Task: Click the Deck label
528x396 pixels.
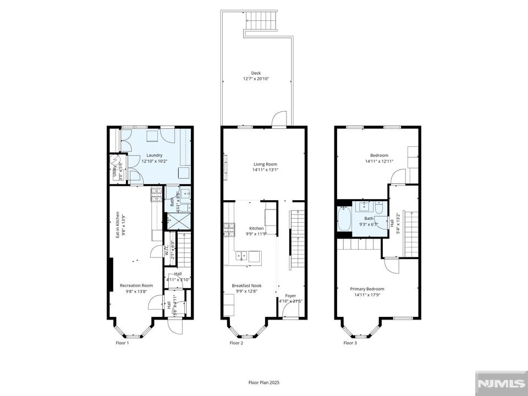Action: click(256, 76)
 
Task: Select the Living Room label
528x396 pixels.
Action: click(265, 167)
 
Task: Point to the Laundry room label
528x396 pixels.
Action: click(154, 158)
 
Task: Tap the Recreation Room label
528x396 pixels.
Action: click(136, 288)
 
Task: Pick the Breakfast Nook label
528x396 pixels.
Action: click(246, 288)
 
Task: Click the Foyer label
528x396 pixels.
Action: click(290, 298)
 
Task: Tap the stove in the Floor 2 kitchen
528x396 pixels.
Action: click(229, 229)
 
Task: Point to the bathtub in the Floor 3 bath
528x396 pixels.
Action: click(344, 218)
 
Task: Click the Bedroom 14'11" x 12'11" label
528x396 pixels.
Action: click(379, 158)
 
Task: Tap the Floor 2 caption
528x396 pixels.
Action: click(236, 343)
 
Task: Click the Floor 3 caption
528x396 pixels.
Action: click(350, 343)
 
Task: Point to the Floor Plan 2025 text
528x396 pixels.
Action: click(264, 382)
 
